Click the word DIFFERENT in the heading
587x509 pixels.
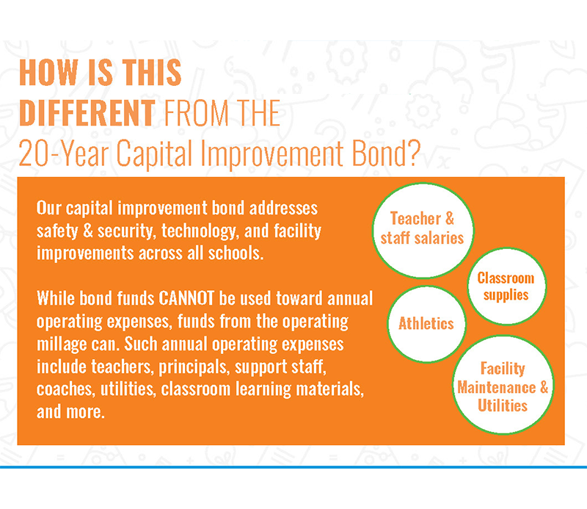pyautogui.click(x=87, y=112)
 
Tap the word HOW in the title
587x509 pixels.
pyautogui.click(x=48, y=72)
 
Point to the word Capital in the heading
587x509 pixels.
pyautogui.click(x=154, y=154)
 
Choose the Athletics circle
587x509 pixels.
pyautogui.click(x=426, y=324)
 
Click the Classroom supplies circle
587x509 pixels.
pyautogui.click(x=506, y=286)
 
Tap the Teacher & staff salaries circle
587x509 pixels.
pyautogui.click(x=423, y=230)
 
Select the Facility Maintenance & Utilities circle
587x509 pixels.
pyautogui.click(x=503, y=385)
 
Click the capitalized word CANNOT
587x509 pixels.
pyautogui.click(x=186, y=298)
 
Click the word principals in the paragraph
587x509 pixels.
pyautogui.click(x=194, y=367)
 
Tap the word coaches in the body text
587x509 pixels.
pyautogui.click(x=64, y=389)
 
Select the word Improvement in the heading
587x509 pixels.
pyautogui.click(x=271, y=154)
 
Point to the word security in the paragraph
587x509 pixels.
pyautogui.click(x=126, y=231)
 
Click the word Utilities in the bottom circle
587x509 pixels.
pyautogui.click(x=503, y=405)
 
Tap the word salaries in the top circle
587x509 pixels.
pyautogui.click(x=440, y=238)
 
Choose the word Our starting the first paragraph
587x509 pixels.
pyautogui.click(x=48, y=208)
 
